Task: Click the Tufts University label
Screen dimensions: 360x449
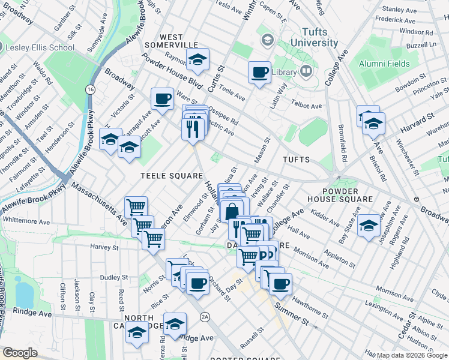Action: (x=314, y=37)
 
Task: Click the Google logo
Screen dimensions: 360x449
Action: (x=20, y=353)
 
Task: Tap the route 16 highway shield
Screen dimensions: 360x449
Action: (x=90, y=89)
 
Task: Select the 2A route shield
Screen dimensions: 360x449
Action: (x=205, y=316)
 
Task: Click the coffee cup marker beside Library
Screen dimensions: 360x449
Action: (x=259, y=73)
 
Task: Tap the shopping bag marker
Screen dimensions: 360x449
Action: (x=232, y=211)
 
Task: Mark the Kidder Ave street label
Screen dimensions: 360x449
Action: (x=325, y=214)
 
